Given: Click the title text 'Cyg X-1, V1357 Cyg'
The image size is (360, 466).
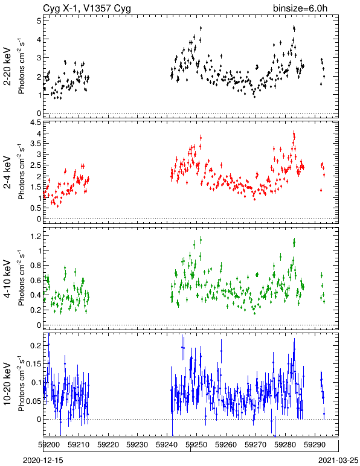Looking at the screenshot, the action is point(87,8).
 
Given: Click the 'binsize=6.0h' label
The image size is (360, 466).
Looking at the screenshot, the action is point(300,8).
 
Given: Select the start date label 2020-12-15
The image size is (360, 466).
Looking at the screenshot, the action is point(43,461).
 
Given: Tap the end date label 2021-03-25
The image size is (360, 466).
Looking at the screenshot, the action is point(338,461).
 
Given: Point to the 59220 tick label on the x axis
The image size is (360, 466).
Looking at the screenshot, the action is point(108,445).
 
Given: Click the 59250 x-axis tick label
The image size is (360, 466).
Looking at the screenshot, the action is point(196,445).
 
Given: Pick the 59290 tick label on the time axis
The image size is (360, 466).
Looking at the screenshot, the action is point(315,445).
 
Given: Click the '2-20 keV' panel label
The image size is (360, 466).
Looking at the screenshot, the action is point(7,66).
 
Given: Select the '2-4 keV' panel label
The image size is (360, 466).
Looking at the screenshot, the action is point(7,173).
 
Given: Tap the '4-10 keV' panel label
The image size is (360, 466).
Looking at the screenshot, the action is point(7,279).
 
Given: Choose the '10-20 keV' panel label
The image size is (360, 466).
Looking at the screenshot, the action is point(7,384).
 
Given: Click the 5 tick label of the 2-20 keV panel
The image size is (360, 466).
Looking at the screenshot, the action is point(39,21).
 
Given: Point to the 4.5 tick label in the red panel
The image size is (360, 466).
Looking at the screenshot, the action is point(36,123).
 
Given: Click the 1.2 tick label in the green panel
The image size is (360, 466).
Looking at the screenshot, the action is point(36,236).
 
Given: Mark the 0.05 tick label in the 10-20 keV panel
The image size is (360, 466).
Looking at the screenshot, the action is point(34,401).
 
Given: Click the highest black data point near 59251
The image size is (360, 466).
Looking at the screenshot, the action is point(201,28).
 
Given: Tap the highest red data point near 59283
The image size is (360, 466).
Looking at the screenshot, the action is point(294,135).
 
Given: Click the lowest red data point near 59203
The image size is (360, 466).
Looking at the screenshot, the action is point(57,205).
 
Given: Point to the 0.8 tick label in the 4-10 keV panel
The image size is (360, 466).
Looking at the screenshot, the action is point(36,266).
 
